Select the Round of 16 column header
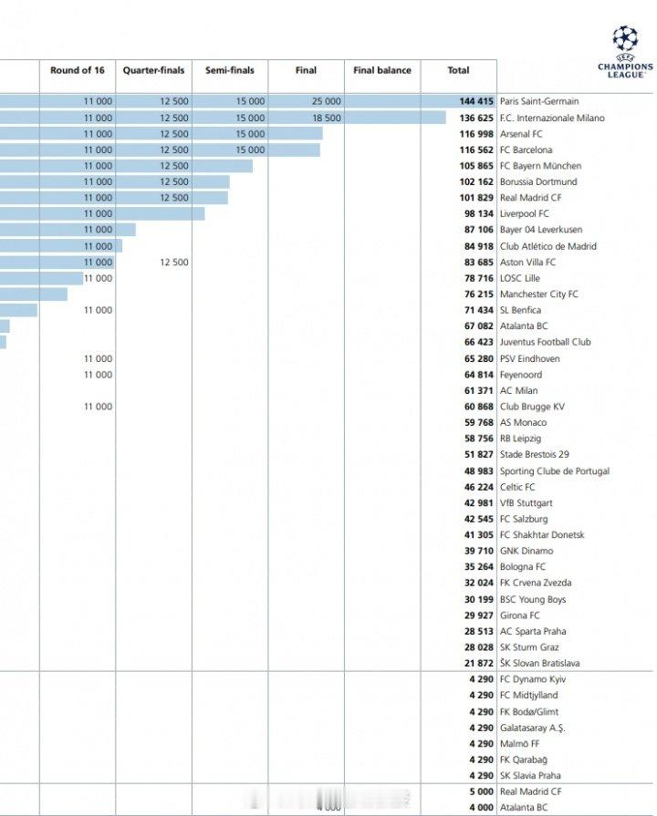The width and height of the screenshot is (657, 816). pyautogui.click(x=77, y=70)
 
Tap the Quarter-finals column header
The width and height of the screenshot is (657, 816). pyautogui.click(x=153, y=70)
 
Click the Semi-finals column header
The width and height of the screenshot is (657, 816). pyautogui.click(x=229, y=70)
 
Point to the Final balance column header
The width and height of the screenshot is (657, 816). pyautogui.click(x=382, y=70)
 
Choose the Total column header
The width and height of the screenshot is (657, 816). pyautogui.click(x=458, y=70)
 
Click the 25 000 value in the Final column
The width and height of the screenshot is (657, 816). pyautogui.click(x=326, y=102)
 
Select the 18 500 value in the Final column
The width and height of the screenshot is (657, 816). pyautogui.click(x=326, y=119)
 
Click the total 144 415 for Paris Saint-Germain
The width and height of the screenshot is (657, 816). pyautogui.click(x=477, y=102)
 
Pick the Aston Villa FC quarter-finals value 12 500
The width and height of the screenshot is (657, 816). pyautogui.click(x=173, y=263)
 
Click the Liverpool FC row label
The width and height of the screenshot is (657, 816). pyautogui.click(x=525, y=214)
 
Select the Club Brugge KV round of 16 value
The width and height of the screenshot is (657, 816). pyautogui.click(x=98, y=407)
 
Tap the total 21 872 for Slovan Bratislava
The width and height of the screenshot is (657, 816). pyautogui.click(x=477, y=664)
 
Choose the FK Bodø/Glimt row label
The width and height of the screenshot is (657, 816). pyautogui.click(x=529, y=712)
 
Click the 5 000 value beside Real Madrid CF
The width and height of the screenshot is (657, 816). pyautogui.click(x=481, y=792)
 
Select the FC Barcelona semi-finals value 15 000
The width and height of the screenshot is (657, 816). pyautogui.click(x=249, y=150)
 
